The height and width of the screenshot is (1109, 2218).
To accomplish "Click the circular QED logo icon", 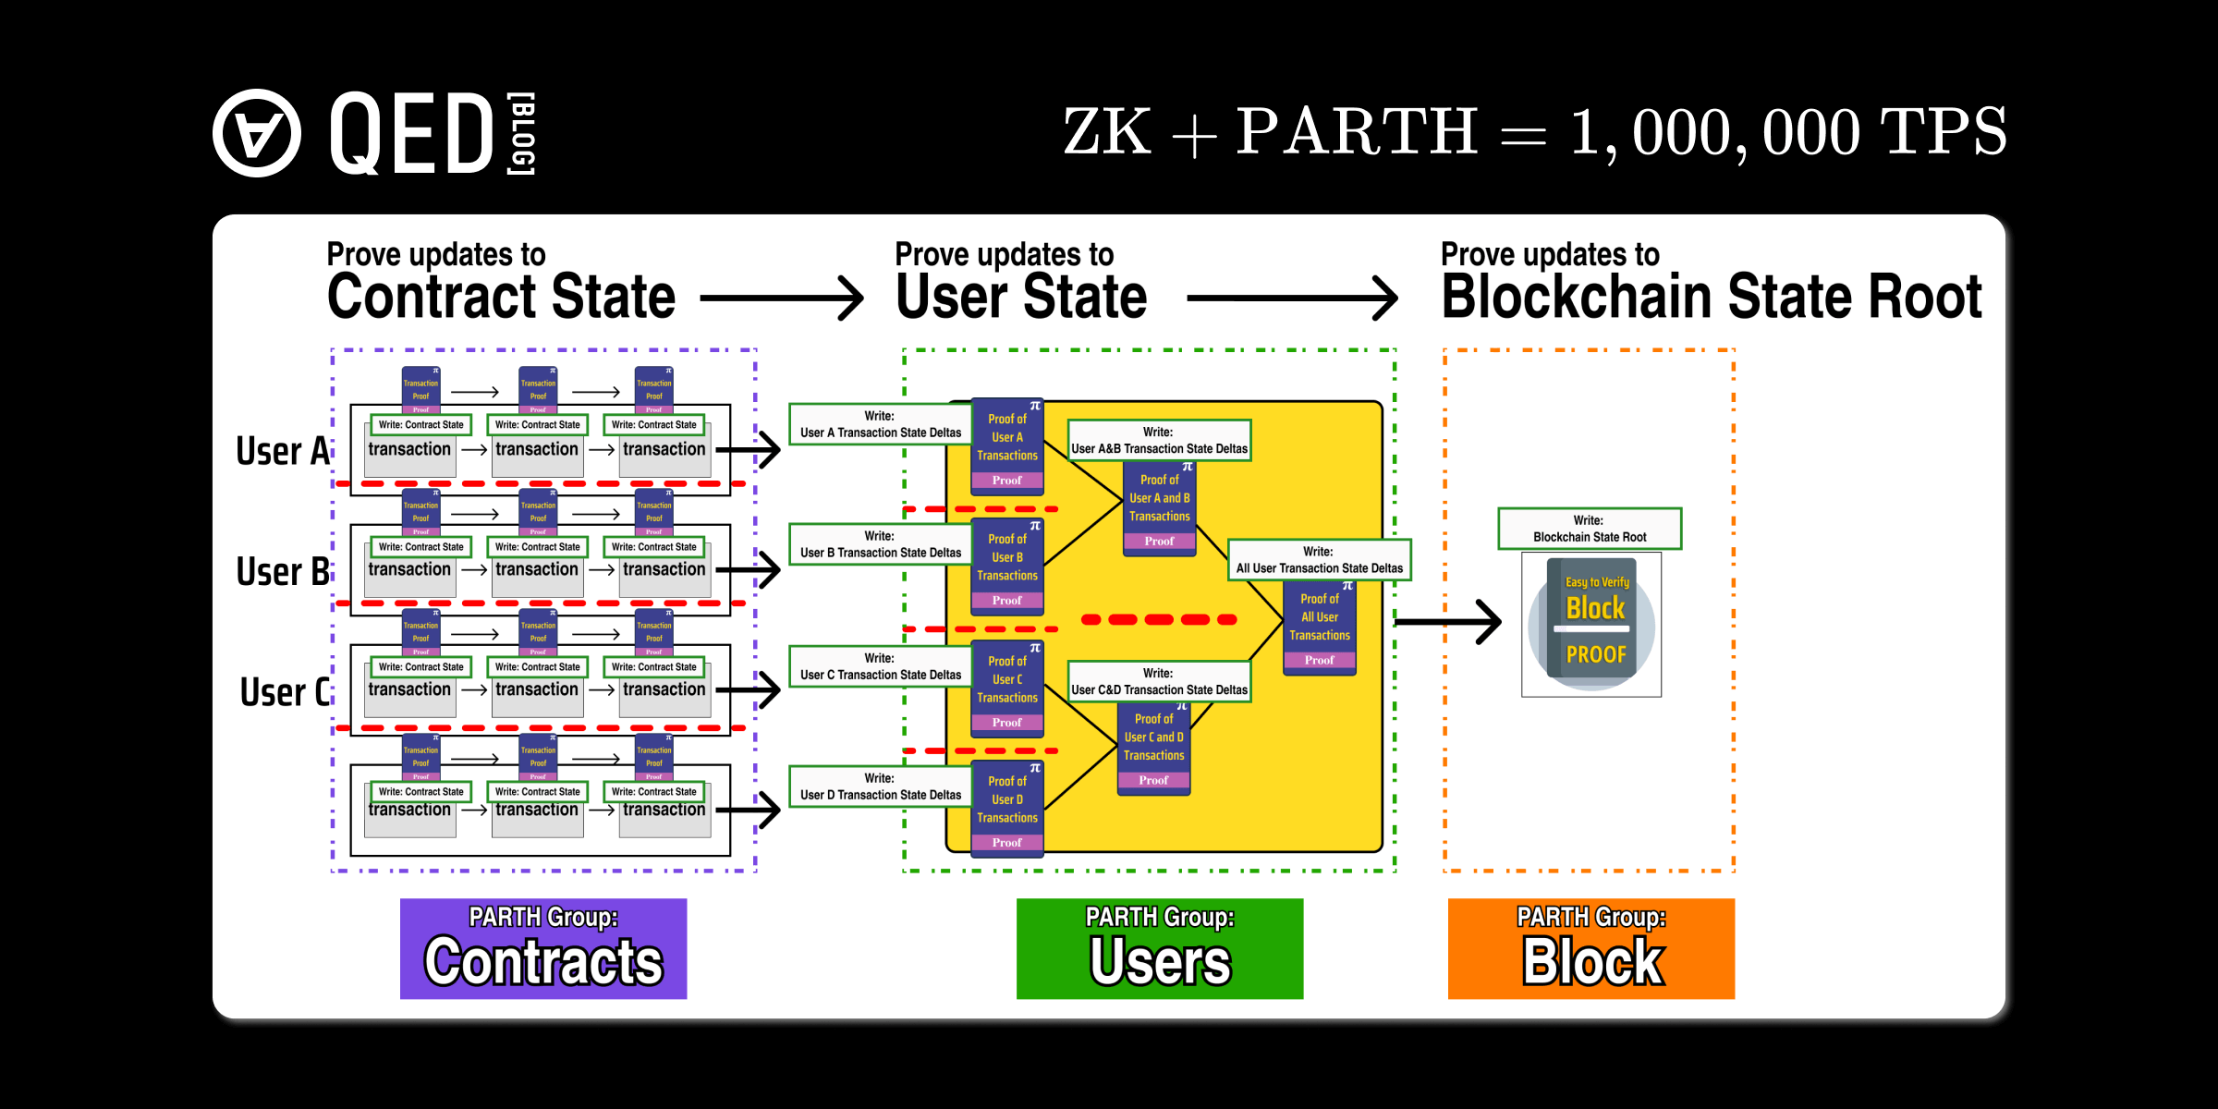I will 257,133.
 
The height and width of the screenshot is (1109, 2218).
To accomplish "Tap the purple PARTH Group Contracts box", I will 543,948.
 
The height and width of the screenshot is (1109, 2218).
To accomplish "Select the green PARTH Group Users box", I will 1160,948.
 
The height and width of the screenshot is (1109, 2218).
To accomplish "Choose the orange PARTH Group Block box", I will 1591,948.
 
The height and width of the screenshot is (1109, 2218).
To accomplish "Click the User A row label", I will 283,451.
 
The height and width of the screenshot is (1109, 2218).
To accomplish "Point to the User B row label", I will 283,571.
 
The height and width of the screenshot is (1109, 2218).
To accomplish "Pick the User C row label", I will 285,691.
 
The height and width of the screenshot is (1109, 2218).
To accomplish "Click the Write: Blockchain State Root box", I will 1590,529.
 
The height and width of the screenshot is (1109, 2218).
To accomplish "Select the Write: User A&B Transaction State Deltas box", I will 1159,440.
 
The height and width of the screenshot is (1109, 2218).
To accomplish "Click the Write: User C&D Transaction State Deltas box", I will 1159,682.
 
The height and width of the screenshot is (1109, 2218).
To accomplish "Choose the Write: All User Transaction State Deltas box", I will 1319,560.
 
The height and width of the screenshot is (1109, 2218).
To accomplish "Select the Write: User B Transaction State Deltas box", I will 880,544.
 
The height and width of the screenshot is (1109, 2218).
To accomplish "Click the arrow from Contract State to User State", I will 782,298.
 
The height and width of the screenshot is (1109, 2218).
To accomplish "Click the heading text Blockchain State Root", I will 1712,298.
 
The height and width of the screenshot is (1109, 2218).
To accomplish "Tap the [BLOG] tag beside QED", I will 522,133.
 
